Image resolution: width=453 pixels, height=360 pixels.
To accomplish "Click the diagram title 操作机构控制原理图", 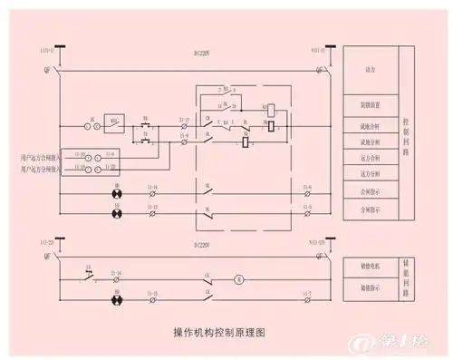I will [219, 333].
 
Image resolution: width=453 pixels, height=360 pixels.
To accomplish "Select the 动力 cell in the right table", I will [367, 69].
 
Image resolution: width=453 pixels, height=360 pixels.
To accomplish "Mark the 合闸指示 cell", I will [368, 192].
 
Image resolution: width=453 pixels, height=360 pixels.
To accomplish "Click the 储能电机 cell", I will [368, 267].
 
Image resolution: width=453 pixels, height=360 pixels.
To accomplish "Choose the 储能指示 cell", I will [368, 287].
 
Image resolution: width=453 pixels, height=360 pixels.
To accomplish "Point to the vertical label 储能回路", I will [405, 277].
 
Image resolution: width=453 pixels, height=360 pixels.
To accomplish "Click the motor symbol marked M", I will [239, 277].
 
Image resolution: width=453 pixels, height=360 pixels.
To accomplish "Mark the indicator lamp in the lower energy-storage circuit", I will [115, 298].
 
